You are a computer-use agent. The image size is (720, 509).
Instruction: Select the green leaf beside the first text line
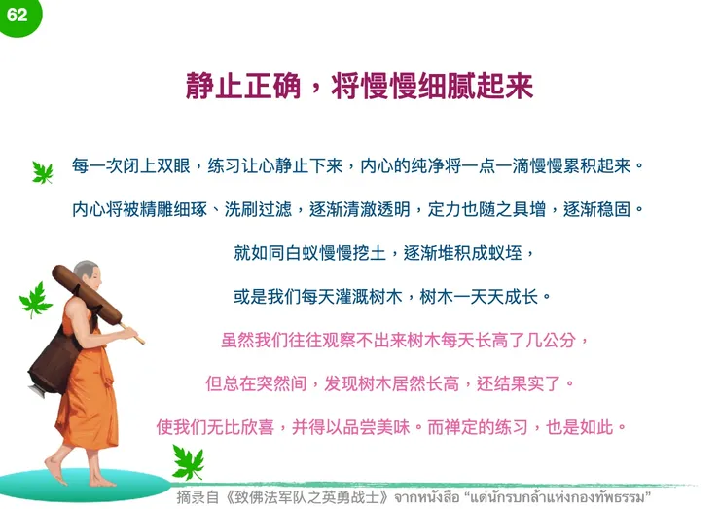point(43,172)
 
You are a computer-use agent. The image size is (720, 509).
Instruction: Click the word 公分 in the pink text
point(566,341)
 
